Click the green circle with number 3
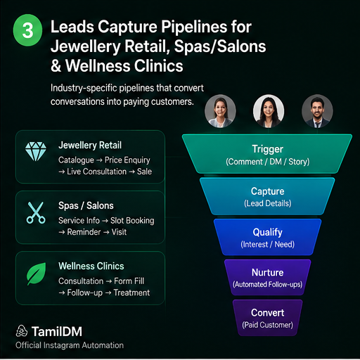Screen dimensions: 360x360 27,30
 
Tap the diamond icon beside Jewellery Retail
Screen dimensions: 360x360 36,151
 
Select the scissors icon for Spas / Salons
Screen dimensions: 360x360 36,212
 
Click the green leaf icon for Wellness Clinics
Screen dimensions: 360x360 37,274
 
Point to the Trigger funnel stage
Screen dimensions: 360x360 267,154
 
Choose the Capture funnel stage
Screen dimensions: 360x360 267,196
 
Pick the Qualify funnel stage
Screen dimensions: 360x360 267,237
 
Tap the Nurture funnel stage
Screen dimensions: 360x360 267,277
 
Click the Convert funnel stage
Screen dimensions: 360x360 267,318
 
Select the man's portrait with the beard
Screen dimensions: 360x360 317,111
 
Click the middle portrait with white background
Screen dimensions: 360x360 269,111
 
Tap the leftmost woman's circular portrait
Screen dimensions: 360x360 220,111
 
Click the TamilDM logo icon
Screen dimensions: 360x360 22,331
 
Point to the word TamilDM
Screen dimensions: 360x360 57,331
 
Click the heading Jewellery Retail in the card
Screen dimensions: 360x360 90,145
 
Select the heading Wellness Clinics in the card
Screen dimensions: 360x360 91,266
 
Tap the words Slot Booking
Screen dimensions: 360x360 132,221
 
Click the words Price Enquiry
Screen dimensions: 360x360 127,160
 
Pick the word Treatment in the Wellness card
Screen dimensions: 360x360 131,292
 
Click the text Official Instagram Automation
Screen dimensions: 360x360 70,345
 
